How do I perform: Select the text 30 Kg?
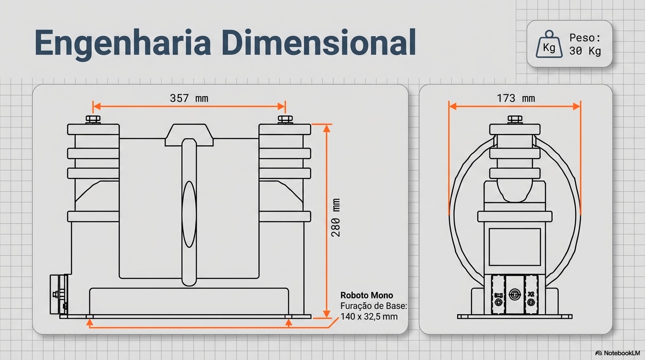point(585,52)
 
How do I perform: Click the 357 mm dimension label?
point(189,98)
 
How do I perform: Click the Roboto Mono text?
point(367,295)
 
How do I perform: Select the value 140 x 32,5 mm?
point(369,316)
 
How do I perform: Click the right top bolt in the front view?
point(285,119)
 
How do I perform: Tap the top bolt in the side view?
point(515,119)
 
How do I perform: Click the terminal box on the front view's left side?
point(59,294)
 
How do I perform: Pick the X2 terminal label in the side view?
point(531,294)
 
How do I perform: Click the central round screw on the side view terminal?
point(515,294)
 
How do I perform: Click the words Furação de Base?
point(374,306)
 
